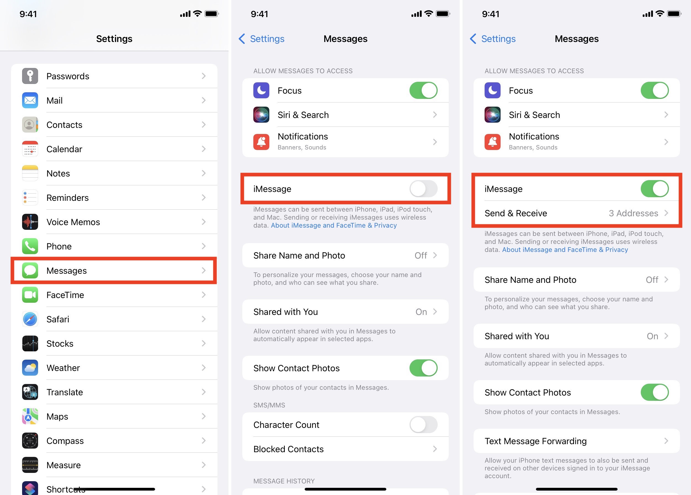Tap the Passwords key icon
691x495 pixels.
pyautogui.click(x=30, y=76)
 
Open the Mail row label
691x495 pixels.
pyautogui.click(x=55, y=101)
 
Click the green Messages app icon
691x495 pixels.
pyautogui.click(x=30, y=270)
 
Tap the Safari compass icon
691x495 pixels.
pyautogui.click(x=30, y=319)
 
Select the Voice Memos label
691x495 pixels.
pyautogui.click(x=73, y=222)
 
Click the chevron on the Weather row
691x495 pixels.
pyautogui.click(x=204, y=368)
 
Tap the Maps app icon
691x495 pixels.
pyautogui.click(x=30, y=416)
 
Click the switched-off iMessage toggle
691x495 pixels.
pyautogui.click(x=423, y=189)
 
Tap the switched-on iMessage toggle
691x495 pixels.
pyautogui.click(x=655, y=189)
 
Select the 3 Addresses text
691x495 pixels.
pyautogui.click(x=633, y=213)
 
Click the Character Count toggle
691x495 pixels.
pyautogui.click(x=423, y=425)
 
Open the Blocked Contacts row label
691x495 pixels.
pyautogui.click(x=288, y=449)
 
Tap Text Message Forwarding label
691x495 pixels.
pyautogui.click(x=535, y=441)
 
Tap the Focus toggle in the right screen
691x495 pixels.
pyautogui.click(x=655, y=91)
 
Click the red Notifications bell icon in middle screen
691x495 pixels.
pyautogui.click(x=261, y=142)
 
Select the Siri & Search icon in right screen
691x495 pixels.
pyautogui.click(x=492, y=115)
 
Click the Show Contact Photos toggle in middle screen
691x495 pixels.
pyautogui.click(x=423, y=368)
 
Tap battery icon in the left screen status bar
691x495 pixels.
pyautogui.click(x=211, y=14)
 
